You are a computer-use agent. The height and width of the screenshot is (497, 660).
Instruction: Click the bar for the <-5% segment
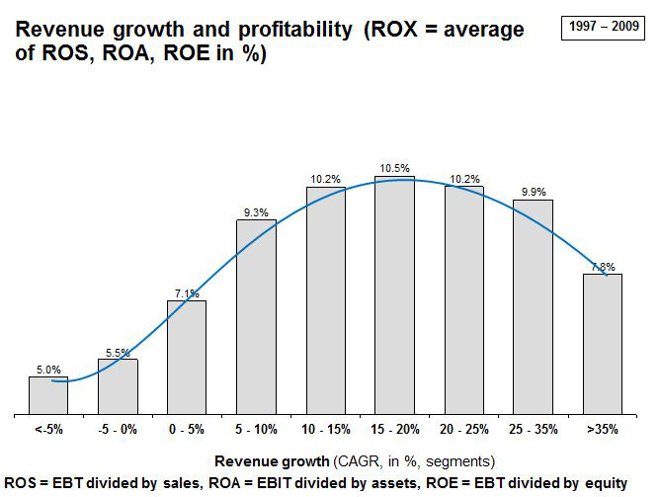47,395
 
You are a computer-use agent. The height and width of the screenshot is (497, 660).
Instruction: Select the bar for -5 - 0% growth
118,386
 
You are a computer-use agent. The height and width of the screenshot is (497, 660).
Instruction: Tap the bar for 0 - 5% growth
187,357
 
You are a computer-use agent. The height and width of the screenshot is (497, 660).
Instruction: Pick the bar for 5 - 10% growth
256,316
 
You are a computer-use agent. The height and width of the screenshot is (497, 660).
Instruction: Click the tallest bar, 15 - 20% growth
394,295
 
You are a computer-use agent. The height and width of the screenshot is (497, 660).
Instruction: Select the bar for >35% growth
602,344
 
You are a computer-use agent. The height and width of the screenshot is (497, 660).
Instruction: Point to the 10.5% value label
394,169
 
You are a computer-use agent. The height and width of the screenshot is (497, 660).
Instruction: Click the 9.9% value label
533,192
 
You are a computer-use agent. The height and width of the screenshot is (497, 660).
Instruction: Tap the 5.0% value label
47,369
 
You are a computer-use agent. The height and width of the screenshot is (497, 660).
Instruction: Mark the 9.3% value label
256,211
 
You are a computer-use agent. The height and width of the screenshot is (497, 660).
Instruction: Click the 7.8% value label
603,267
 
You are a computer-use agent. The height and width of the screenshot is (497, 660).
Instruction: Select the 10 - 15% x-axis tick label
325,430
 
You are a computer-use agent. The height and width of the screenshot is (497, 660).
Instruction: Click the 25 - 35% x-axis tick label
533,430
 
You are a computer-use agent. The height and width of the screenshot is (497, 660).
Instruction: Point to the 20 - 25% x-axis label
463,430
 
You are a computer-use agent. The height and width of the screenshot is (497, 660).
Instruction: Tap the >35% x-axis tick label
602,430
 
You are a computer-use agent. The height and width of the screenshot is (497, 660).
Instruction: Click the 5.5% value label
118,351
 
